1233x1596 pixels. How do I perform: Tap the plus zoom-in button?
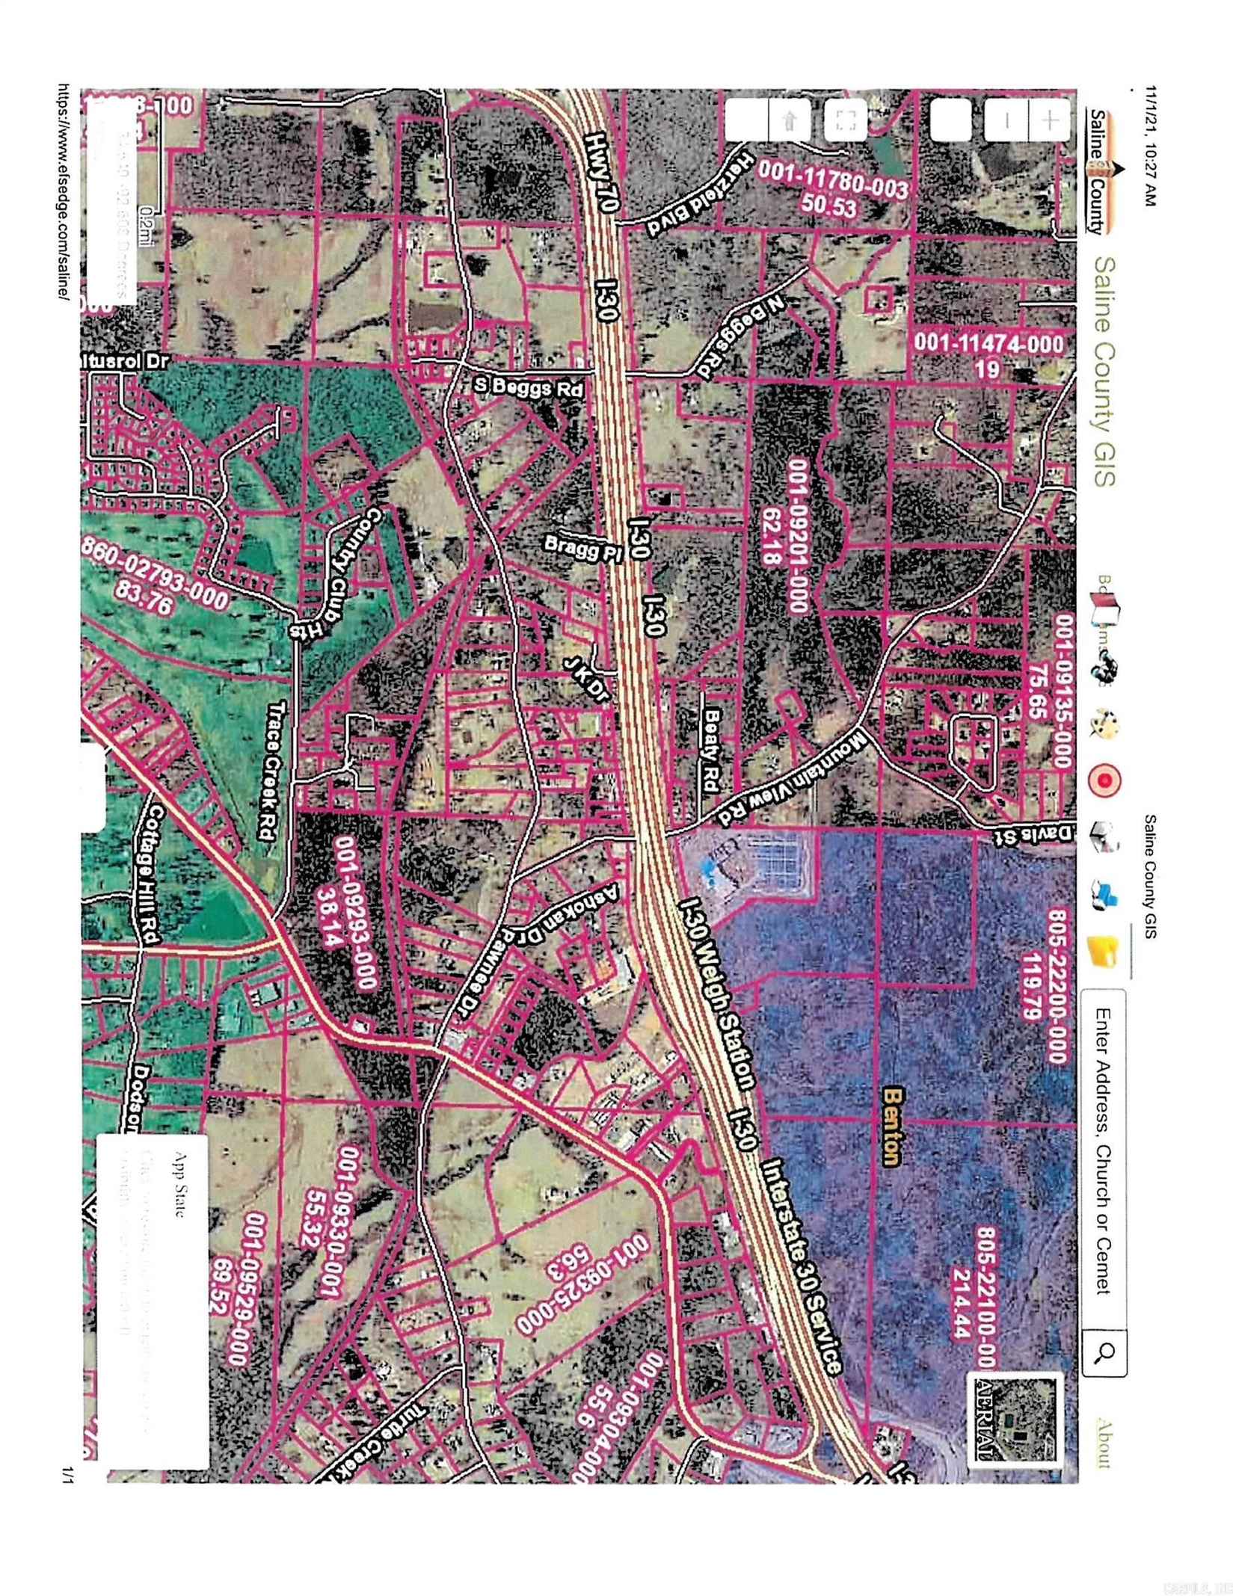[x=1051, y=120]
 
